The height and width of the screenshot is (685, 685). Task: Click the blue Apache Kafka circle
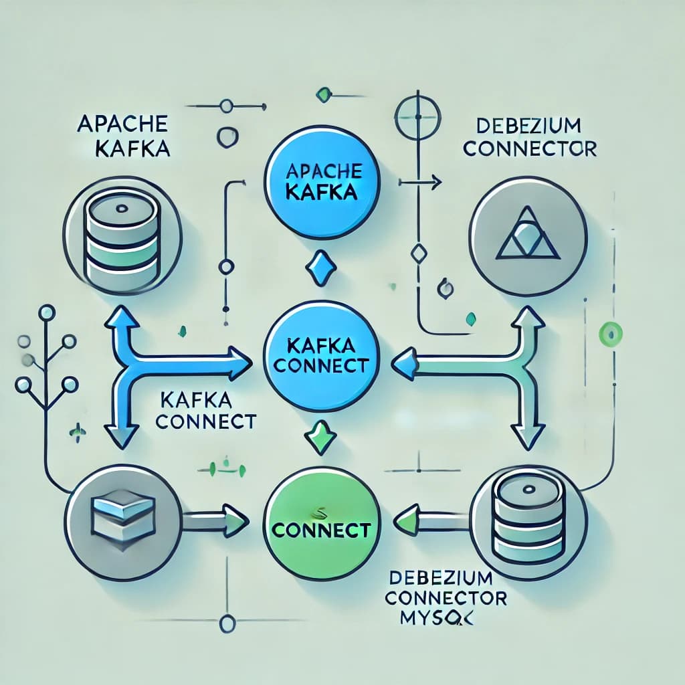[x=323, y=183]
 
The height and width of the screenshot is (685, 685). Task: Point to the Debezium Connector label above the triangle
[x=529, y=138]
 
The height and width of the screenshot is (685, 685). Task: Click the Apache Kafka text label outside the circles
[x=123, y=136]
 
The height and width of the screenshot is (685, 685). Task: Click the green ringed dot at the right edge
[x=610, y=331]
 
